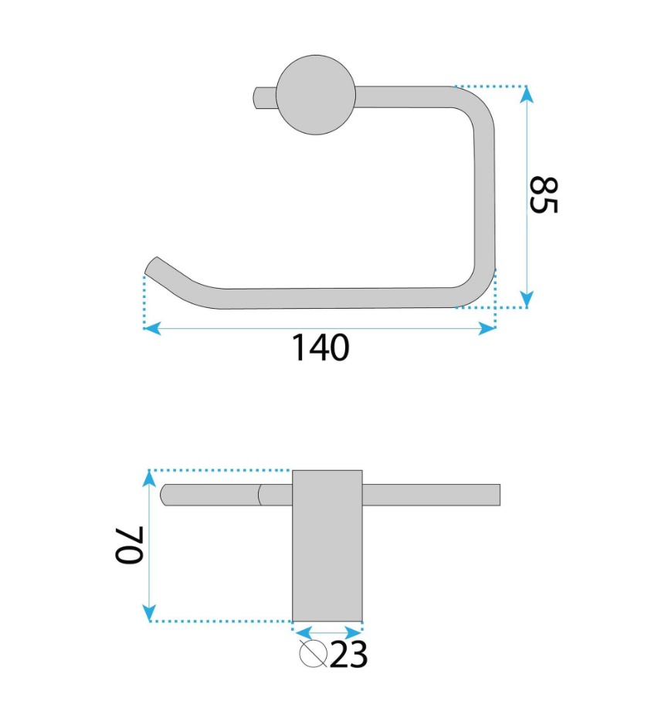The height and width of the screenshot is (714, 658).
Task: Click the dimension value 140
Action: (321, 348)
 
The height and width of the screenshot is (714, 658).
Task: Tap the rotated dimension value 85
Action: (544, 195)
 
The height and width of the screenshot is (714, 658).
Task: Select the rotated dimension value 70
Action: (130, 545)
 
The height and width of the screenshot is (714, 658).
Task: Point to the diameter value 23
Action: (348, 655)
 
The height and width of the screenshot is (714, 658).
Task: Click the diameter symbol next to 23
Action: (313, 654)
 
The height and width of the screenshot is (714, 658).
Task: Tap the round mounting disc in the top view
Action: (316, 95)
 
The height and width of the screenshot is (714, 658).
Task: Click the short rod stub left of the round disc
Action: (265, 98)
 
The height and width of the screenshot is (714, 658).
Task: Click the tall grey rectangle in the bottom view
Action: (327, 546)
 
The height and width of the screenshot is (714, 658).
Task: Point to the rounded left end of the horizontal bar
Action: (164, 495)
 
